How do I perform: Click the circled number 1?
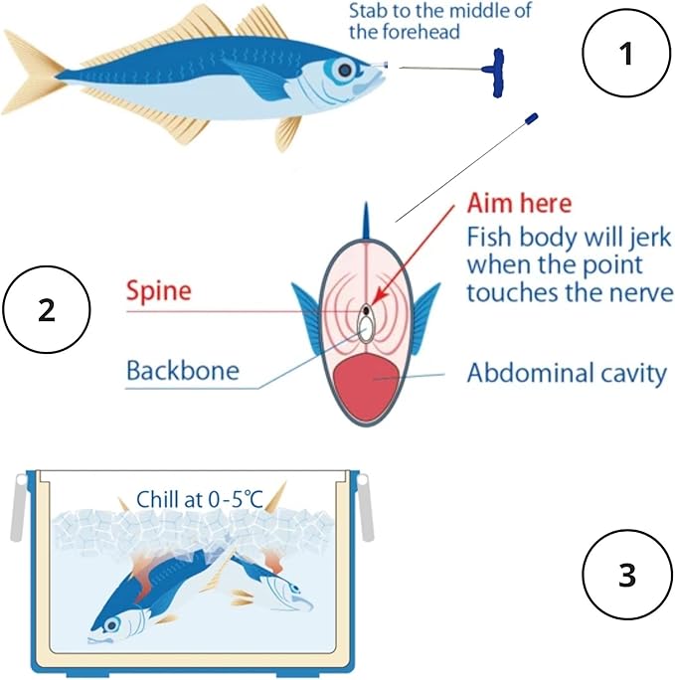click(625, 55)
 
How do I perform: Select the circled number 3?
click(625, 575)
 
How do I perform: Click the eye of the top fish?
click(345, 69)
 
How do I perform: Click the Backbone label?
click(182, 372)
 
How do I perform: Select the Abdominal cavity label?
click(566, 374)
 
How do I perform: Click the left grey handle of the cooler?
click(18, 507)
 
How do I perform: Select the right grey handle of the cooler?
click(364, 507)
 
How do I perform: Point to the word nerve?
click(643, 293)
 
